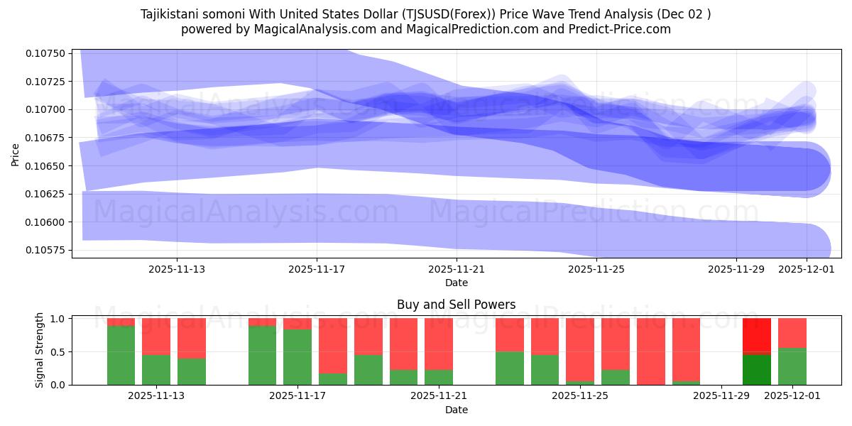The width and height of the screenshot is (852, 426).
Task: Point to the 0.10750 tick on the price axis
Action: coord(45,53)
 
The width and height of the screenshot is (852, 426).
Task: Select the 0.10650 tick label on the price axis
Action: coord(45,165)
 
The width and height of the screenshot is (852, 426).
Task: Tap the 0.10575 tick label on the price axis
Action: coord(45,250)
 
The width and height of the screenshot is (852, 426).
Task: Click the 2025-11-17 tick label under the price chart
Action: coord(317,269)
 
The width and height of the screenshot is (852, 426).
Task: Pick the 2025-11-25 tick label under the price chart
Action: coord(596,269)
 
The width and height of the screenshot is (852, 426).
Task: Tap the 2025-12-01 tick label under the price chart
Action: coord(807,269)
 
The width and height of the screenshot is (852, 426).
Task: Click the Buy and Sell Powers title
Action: coord(456,305)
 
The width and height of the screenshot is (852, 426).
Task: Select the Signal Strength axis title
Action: coord(40,350)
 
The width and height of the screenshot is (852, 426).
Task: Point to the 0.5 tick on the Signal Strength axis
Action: coord(58,351)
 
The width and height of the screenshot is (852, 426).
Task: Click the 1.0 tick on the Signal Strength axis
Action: coord(58,319)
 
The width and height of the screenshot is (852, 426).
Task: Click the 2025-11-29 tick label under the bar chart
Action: coord(721,396)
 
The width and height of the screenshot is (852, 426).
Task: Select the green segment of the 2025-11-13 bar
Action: coord(156,369)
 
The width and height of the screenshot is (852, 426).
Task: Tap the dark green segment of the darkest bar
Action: coord(757,369)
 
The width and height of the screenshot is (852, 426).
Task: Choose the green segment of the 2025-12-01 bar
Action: coord(792,366)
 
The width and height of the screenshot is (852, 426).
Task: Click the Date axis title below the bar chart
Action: coord(456,410)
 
